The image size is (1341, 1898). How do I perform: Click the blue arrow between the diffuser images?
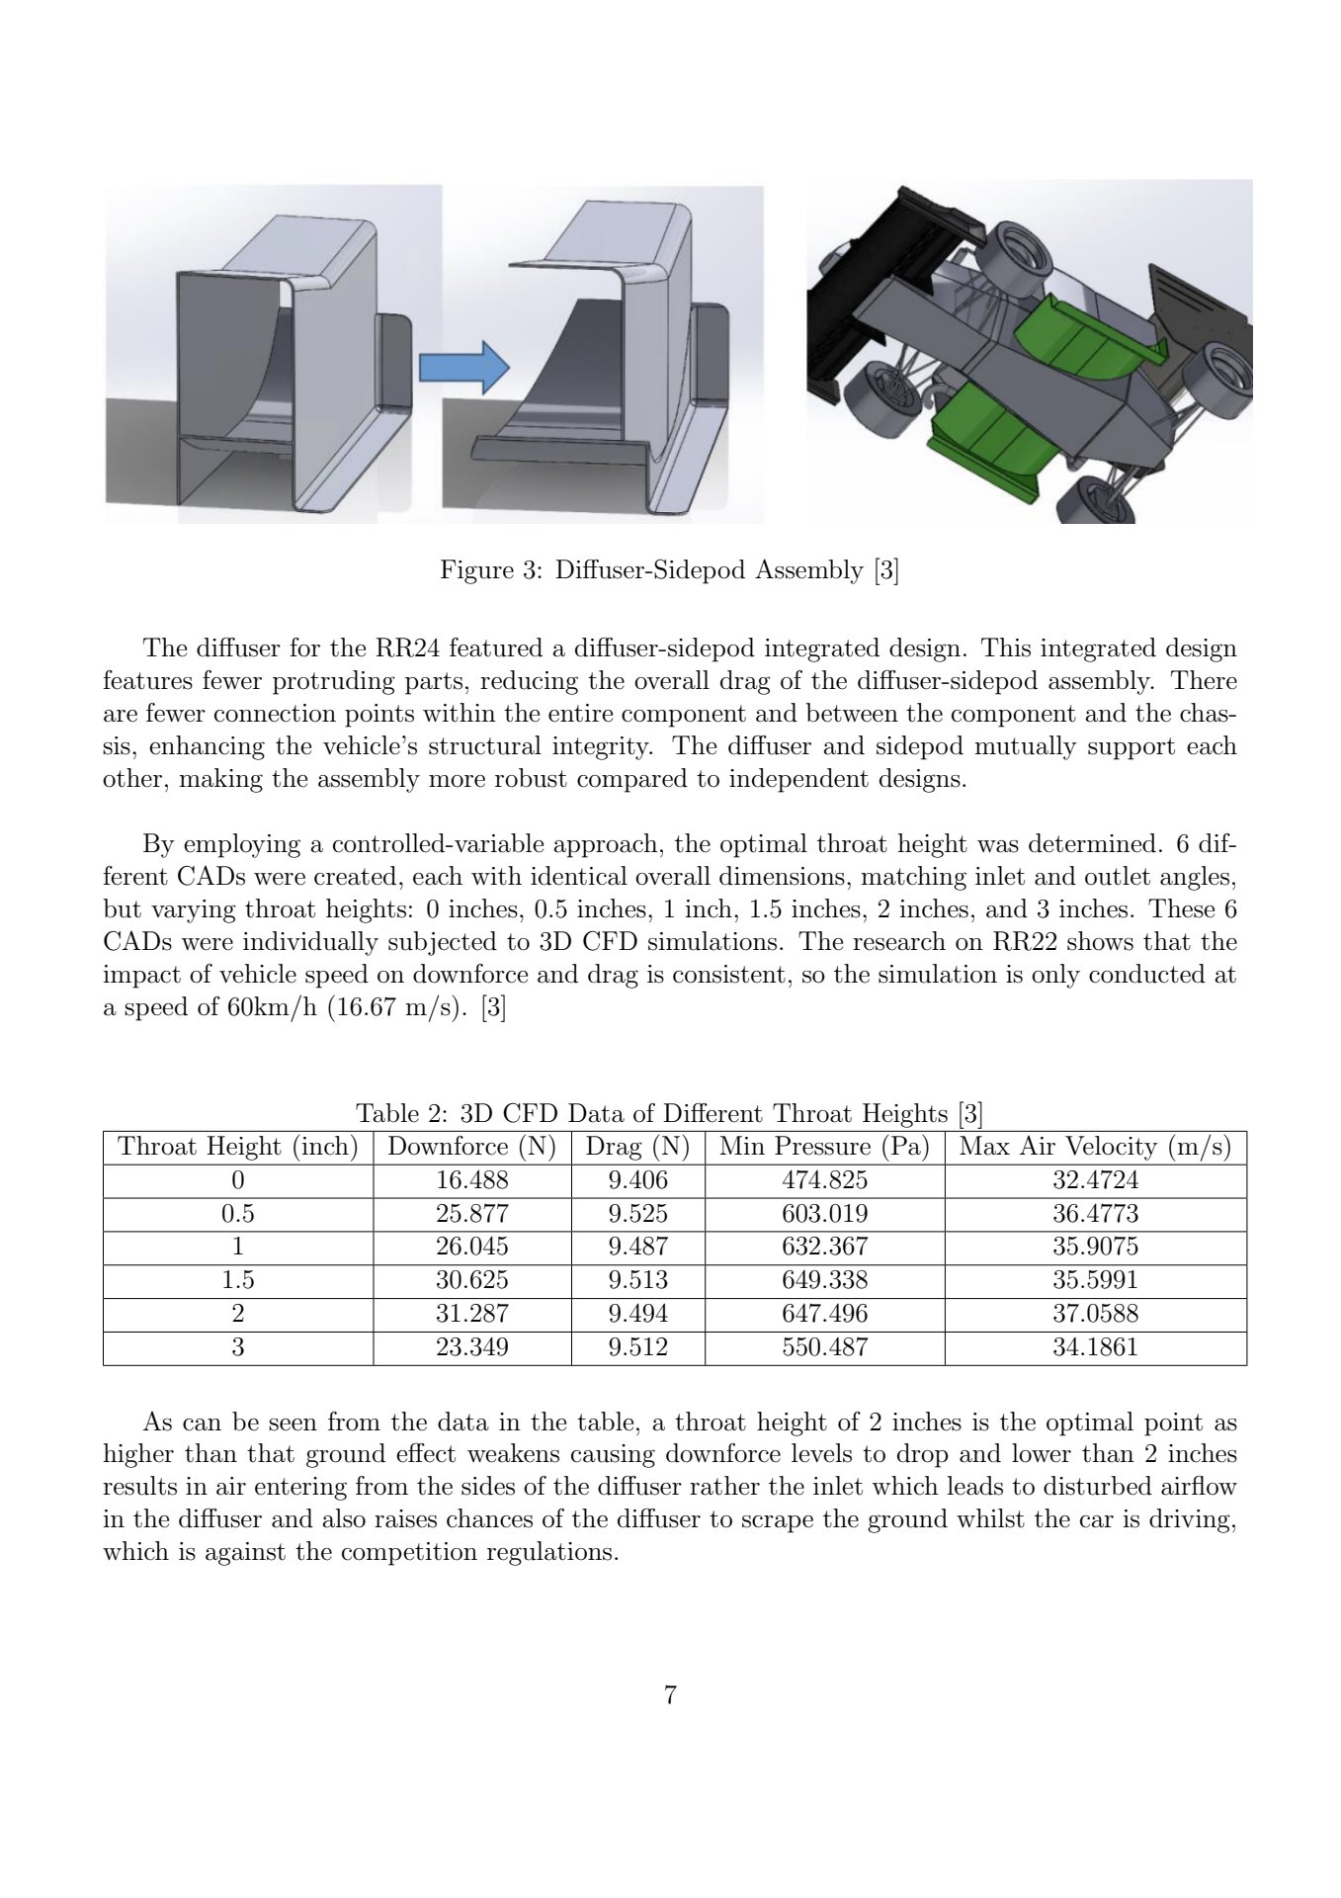click(463, 368)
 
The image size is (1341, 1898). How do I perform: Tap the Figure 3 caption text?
click(669, 570)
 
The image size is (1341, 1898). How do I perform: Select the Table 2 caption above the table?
click(669, 1114)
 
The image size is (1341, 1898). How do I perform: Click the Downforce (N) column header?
click(472, 1147)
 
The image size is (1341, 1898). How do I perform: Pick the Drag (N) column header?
click(637, 1147)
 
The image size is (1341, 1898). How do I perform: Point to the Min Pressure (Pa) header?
click(824, 1147)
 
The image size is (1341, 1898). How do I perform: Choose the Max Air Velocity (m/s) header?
click(1095, 1147)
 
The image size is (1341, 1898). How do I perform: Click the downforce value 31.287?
click(472, 1314)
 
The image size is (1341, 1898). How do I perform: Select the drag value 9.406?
click(637, 1180)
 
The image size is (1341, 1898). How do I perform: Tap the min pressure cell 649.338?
click(824, 1280)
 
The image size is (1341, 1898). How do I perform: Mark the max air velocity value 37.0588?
click(1095, 1314)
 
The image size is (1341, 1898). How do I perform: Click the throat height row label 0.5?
click(237, 1214)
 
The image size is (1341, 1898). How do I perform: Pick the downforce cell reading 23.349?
click(472, 1347)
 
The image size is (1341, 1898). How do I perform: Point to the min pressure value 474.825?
click(824, 1180)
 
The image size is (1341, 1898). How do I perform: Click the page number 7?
click(670, 1696)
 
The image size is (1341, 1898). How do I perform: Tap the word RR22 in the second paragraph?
click(1020, 942)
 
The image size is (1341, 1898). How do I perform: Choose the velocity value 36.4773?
click(1095, 1214)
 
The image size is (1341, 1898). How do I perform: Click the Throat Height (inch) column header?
click(237, 1147)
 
